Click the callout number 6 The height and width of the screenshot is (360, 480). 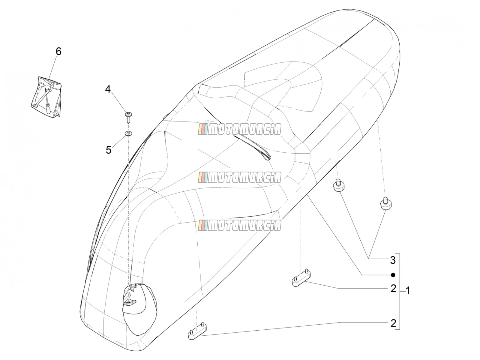click(x=58, y=52)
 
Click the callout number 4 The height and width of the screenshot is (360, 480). click(x=108, y=89)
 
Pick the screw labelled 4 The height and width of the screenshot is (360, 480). click(x=128, y=117)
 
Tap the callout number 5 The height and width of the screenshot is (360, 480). click(x=109, y=150)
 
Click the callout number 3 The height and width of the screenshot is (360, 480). click(x=393, y=260)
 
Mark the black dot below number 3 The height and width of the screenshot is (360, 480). click(x=393, y=275)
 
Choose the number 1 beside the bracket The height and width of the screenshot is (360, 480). click(x=408, y=291)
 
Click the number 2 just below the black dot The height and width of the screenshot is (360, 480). click(x=393, y=289)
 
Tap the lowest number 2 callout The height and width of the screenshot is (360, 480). click(x=393, y=323)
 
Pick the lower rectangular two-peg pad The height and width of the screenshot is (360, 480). click(x=197, y=331)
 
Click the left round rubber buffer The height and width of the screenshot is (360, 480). click(x=339, y=186)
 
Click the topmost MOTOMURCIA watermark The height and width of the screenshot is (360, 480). click(x=240, y=129)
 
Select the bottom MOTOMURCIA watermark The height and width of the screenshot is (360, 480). click(x=240, y=225)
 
